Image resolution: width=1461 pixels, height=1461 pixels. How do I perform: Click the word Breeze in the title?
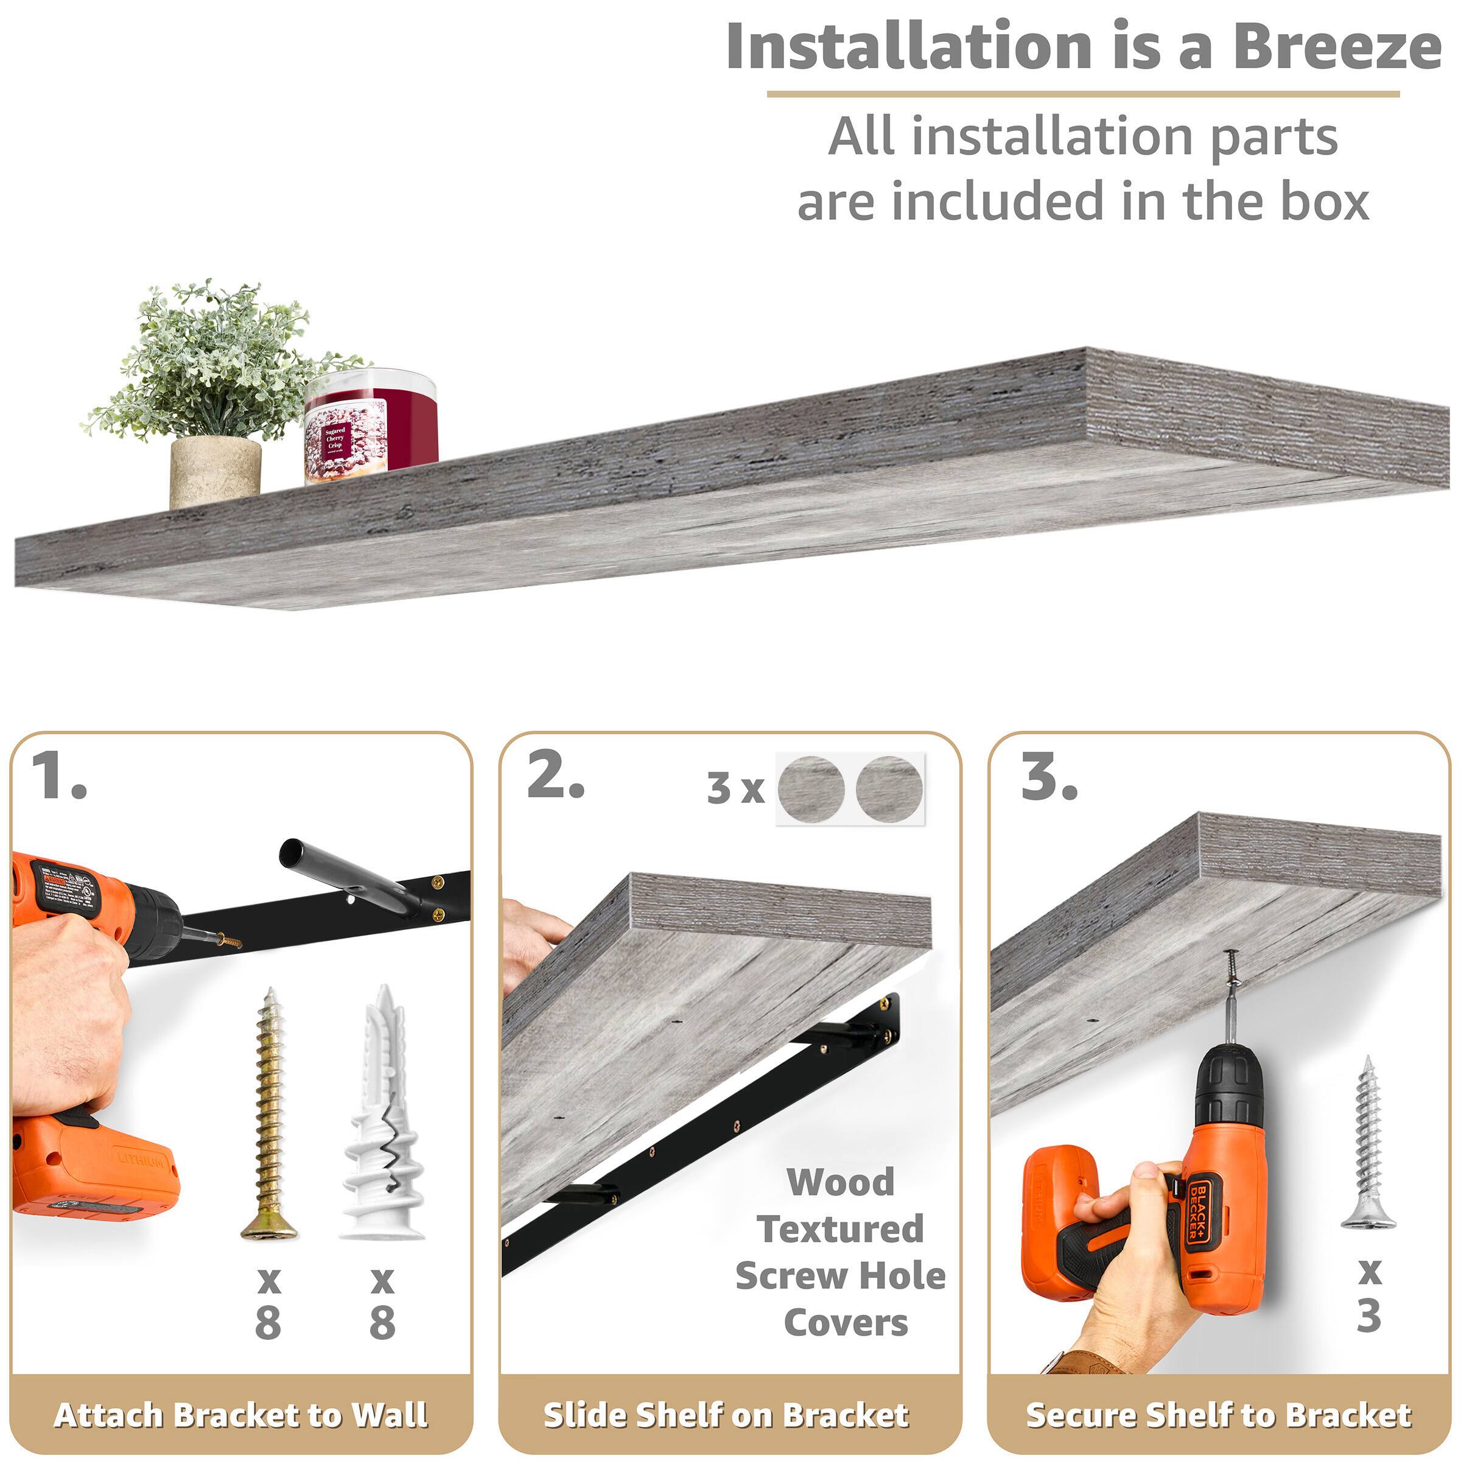[1336, 47]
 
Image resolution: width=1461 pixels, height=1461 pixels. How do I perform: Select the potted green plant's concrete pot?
[215, 472]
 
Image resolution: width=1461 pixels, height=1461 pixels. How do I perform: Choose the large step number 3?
[1048, 778]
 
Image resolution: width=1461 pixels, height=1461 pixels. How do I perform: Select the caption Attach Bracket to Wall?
[240, 1415]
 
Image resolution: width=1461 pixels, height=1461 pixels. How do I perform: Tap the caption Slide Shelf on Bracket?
[726, 1415]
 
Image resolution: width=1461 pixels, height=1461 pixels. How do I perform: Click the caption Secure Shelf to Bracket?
[1217, 1415]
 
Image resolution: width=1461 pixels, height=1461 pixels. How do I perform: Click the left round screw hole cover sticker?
[811, 789]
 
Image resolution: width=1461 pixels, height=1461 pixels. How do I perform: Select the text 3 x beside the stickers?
[735, 789]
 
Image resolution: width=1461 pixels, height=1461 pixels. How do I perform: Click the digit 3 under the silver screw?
[1368, 1317]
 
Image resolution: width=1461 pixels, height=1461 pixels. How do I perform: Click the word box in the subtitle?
[1324, 202]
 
